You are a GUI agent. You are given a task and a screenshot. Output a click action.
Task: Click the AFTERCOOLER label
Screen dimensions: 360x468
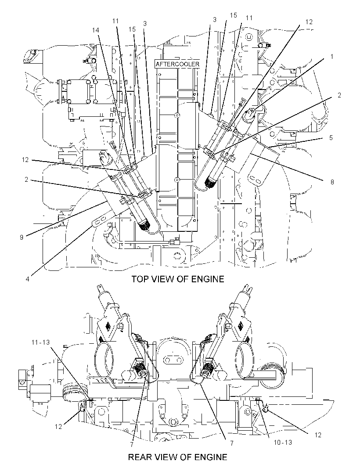tap(177, 65)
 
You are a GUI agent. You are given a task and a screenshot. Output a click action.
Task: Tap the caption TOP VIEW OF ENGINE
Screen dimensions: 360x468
tap(178, 279)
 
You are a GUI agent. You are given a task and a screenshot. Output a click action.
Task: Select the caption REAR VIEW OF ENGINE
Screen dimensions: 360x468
tap(178, 457)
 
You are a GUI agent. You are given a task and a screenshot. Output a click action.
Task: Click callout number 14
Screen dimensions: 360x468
tap(96, 30)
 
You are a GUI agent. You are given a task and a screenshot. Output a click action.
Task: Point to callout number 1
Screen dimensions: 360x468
tap(331, 56)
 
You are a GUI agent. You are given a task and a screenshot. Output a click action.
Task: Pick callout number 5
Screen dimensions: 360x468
tap(331, 137)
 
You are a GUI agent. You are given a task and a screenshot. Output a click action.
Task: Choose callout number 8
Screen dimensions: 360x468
tap(332, 182)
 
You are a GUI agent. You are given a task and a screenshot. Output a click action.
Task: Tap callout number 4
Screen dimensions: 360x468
tap(28, 279)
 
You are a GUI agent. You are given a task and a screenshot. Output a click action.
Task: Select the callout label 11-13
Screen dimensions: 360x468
tap(40, 342)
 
